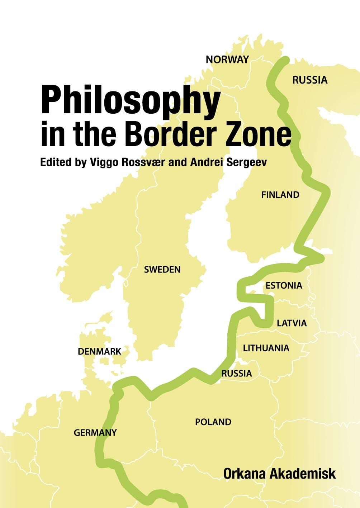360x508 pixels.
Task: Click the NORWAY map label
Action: click(227, 60)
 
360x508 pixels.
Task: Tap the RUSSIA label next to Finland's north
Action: click(310, 80)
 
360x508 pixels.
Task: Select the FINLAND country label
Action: click(280, 195)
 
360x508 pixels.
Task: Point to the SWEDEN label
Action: click(162, 270)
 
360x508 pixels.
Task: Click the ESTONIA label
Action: click(284, 286)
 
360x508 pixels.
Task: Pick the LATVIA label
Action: click(292, 323)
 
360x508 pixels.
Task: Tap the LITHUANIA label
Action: click(266, 348)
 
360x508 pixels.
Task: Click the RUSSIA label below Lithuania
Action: click(236, 374)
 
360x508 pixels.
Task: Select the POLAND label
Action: click(213, 422)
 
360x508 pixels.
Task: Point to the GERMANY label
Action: click(95, 433)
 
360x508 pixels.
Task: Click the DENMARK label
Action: click(100, 352)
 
